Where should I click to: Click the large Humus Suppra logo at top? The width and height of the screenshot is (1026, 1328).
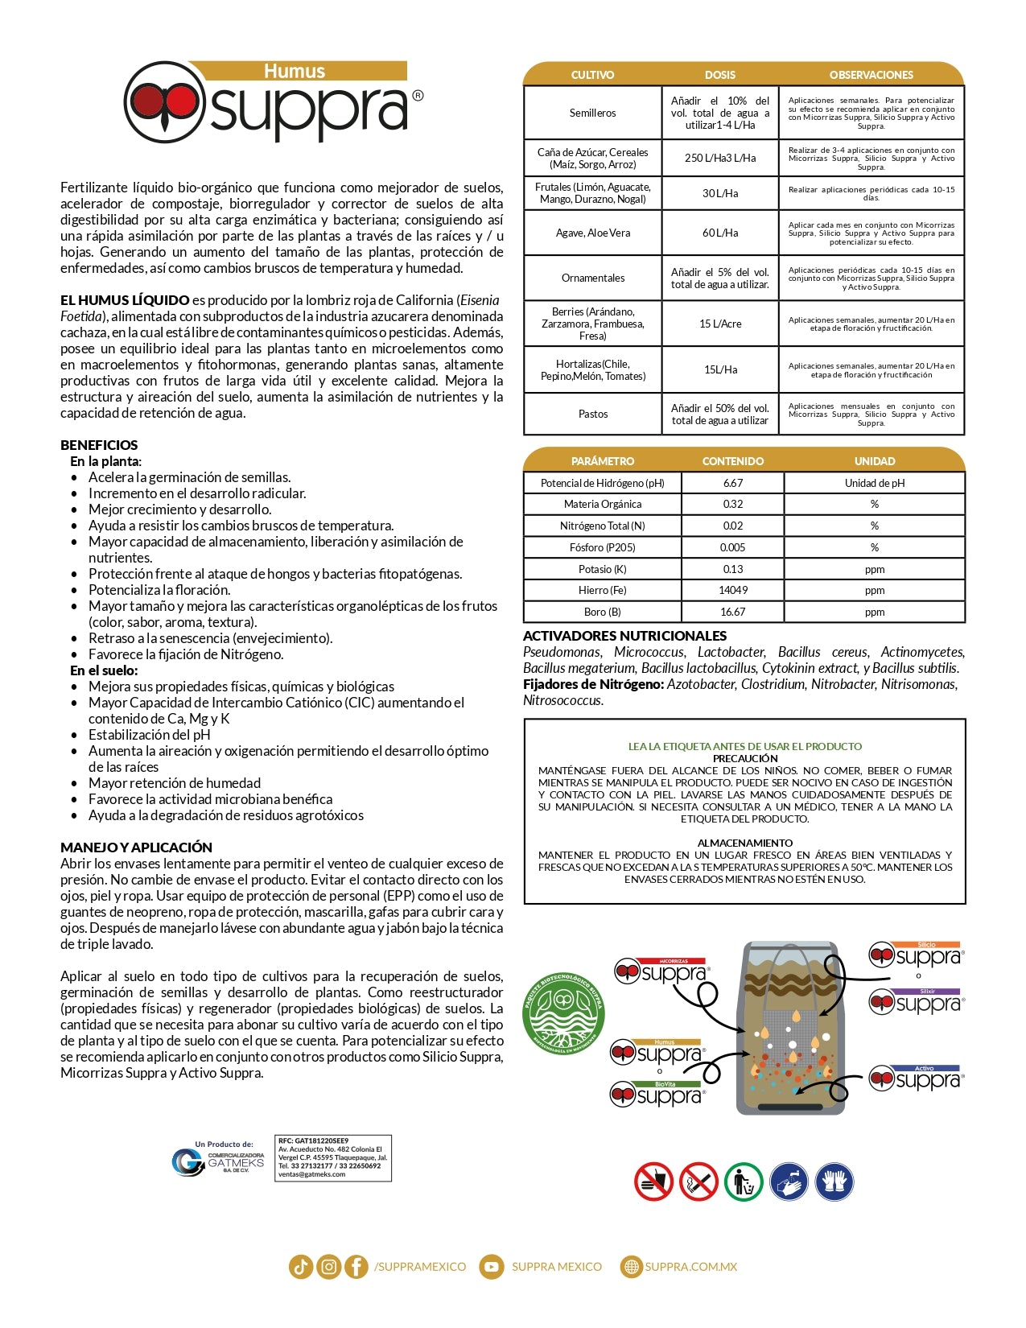(274, 103)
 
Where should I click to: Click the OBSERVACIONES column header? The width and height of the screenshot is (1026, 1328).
(871, 75)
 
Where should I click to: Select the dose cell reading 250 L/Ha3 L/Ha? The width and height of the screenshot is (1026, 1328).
(720, 158)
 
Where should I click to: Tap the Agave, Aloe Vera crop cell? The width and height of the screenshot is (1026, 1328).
(593, 233)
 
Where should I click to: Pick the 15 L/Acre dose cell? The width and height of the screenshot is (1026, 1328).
(720, 324)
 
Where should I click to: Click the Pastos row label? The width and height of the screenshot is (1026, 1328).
(593, 414)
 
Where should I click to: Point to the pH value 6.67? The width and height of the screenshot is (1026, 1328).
(732, 483)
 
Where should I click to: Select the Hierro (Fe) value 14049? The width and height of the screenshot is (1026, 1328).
(732, 590)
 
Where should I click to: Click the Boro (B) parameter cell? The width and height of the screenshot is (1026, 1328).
(603, 612)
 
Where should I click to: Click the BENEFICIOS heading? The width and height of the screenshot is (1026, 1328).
(99, 445)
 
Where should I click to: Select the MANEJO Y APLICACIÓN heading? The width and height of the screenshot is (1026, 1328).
(136, 848)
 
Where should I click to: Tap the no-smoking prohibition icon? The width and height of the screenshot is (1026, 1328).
(698, 1182)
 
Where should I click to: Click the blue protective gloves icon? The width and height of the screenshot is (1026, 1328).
(834, 1182)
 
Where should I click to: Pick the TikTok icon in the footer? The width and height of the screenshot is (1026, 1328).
(301, 1267)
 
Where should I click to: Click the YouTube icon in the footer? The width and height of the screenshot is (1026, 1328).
(490, 1267)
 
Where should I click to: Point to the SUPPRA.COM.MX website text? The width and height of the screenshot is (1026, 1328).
(690, 1267)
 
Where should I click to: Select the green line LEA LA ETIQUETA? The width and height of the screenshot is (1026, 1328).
(744, 746)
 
